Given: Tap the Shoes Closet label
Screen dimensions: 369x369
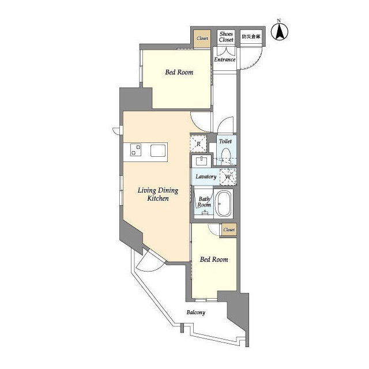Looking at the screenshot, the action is point(226,37).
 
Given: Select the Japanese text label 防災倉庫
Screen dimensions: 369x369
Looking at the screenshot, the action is point(251,37).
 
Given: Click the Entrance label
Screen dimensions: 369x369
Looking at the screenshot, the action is point(225,59).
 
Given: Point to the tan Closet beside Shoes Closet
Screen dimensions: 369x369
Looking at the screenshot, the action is point(202,39).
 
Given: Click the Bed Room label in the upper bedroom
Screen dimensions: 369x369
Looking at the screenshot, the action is point(179,72).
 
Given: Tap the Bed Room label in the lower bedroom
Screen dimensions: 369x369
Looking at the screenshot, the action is point(214,259).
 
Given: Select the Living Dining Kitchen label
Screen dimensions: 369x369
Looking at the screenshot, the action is point(158,194).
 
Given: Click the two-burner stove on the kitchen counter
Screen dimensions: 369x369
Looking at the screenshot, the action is point(136,150).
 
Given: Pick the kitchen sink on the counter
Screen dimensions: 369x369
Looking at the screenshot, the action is point(158,150).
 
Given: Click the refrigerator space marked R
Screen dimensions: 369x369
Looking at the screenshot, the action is point(198,144).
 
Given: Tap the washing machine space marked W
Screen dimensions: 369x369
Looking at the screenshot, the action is point(228,177).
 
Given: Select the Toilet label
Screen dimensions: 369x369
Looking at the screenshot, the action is point(225,141).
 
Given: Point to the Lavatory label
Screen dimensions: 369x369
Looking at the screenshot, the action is point(206,176).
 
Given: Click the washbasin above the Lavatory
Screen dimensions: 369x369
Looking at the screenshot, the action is point(201,161).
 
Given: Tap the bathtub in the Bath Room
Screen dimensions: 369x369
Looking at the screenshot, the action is point(224,204).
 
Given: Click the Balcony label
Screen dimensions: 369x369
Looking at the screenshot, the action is point(196,312).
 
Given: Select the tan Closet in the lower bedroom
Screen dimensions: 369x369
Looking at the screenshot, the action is point(229,230).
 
